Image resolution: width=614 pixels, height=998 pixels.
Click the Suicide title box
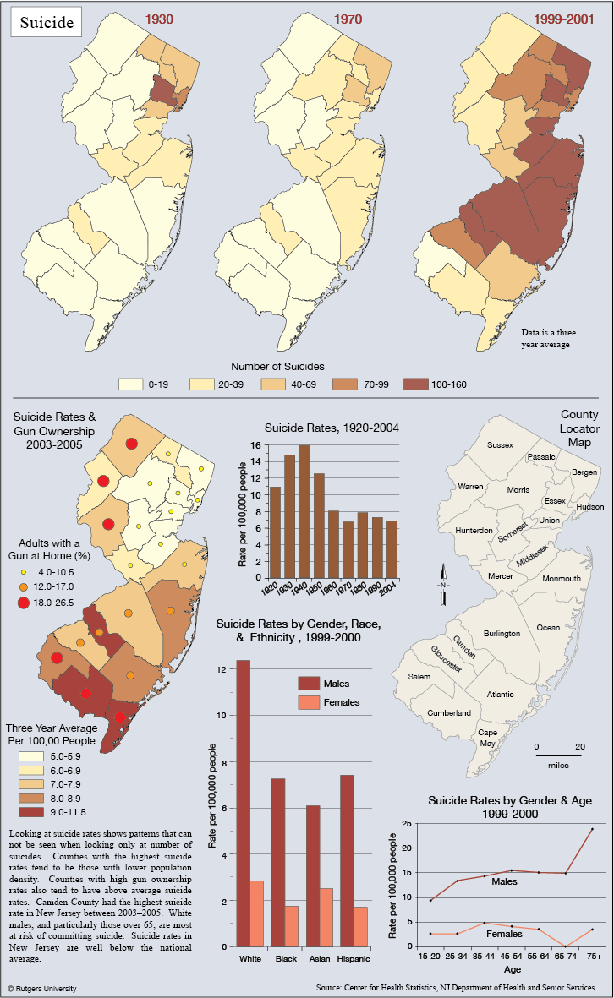(x=47, y=22)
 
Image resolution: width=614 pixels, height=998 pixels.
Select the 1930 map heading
(x=159, y=19)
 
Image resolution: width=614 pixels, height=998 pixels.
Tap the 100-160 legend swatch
(x=414, y=384)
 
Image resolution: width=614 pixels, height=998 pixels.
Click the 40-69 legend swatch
(x=273, y=384)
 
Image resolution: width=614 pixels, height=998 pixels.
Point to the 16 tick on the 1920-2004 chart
(x=256, y=445)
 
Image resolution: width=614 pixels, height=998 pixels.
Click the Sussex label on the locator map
(x=500, y=444)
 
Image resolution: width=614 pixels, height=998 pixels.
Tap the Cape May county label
(x=487, y=738)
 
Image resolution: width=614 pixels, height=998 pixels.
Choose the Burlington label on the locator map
(x=502, y=633)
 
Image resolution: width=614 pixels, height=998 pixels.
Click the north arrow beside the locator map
(x=443, y=584)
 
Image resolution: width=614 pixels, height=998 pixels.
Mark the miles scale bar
(x=558, y=755)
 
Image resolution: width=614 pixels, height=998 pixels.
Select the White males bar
(x=244, y=804)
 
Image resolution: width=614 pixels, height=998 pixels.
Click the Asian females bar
(x=326, y=918)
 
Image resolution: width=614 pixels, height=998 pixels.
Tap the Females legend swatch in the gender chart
(x=309, y=703)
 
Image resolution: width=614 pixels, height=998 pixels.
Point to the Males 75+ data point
(x=592, y=829)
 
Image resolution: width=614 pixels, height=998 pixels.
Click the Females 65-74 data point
(x=566, y=946)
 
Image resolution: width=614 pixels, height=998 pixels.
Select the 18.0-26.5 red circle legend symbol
(x=24, y=603)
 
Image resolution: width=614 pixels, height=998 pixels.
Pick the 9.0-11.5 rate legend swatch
(x=31, y=812)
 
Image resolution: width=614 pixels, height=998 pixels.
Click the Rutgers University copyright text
(x=42, y=989)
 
